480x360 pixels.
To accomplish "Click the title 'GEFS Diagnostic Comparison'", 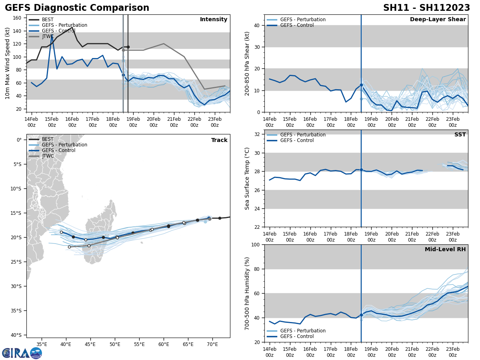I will click(77, 8).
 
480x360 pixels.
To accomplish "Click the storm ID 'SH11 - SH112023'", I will click(426, 8).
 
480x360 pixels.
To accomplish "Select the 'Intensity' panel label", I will click(214, 20).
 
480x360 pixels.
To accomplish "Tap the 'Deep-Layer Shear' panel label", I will click(438, 20).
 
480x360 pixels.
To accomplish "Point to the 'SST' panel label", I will click(460, 135).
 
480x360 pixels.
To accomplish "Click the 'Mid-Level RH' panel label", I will click(445, 250).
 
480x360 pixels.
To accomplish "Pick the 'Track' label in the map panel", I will click(219, 140).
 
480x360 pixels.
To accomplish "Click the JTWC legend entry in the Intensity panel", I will click(48, 36).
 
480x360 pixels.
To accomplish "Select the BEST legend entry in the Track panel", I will click(48, 139).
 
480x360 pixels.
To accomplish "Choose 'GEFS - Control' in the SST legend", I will click(297, 140).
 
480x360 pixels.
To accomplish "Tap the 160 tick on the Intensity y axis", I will click(18, 18).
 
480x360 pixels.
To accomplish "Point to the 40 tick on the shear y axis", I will click(256, 26).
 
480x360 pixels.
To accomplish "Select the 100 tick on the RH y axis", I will click(255, 245).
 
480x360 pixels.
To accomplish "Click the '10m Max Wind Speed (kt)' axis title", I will click(8, 64).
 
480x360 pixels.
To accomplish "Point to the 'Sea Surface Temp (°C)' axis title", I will click(247, 178).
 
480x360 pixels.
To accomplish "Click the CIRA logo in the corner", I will click(22, 353).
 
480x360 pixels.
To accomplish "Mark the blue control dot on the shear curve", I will click(361, 85).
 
